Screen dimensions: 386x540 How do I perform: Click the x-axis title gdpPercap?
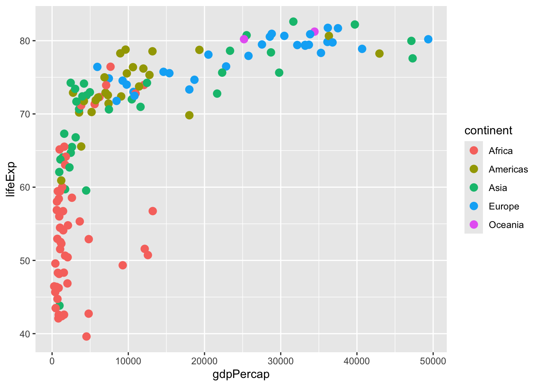(x=241, y=374)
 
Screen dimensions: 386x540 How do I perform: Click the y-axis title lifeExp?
(x=11, y=179)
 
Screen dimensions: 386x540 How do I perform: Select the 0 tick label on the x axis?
(x=52, y=361)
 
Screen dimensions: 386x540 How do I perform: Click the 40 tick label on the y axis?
(x=25, y=334)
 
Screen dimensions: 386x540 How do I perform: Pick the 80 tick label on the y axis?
(x=25, y=41)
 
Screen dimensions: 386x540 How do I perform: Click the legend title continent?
(x=488, y=131)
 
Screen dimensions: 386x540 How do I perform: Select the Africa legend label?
(x=501, y=151)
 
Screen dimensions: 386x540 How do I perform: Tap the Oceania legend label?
(x=506, y=225)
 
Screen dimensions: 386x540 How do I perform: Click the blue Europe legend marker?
(x=474, y=206)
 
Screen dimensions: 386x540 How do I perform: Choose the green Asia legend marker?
(x=474, y=188)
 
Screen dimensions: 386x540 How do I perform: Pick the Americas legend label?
(x=508, y=169)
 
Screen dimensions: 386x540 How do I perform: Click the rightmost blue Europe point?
(x=428, y=39)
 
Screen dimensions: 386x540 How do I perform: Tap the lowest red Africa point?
(x=86, y=337)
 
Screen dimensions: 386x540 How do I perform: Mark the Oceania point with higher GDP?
(x=315, y=31)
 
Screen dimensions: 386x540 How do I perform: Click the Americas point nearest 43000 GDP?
(x=379, y=53)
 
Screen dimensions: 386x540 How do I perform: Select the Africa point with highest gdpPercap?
(x=153, y=211)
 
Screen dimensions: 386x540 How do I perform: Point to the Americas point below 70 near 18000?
(x=189, y=115)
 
